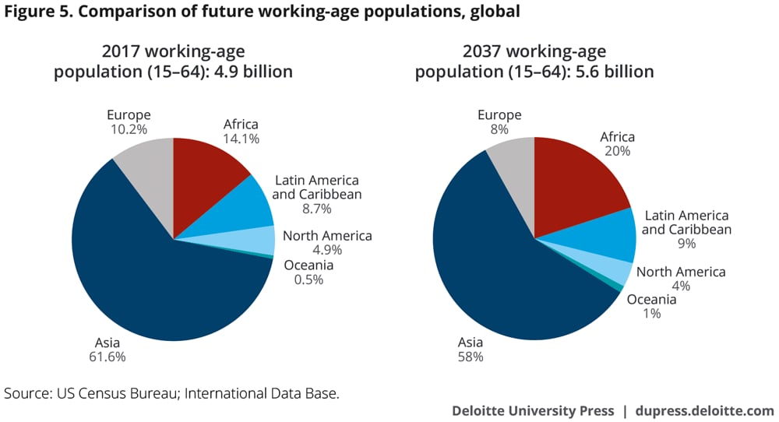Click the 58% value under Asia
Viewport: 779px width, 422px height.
tap(470, 357)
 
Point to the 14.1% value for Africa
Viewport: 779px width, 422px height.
tap(241, 139)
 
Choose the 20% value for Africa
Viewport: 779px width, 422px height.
tap(617, 152)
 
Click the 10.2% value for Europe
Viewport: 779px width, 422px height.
tap(129, 129)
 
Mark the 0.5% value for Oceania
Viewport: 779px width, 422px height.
tap(308, 280)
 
